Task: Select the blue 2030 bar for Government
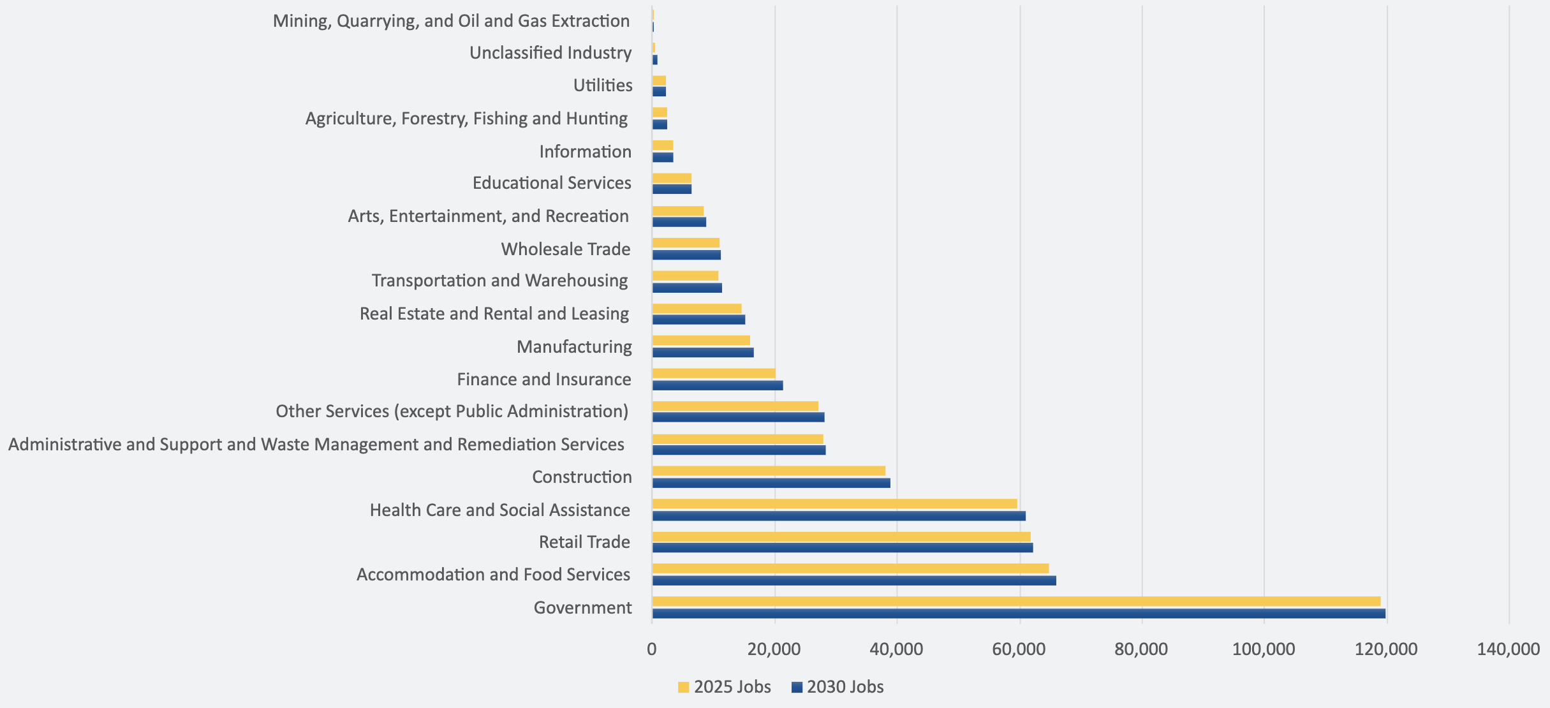[x=1018, y=614]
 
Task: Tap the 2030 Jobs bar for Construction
[x=771, y=483]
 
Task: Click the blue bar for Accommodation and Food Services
[x=853, y=580]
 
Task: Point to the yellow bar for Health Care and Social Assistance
[x=834, y=504]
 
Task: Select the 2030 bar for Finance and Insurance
[x=717, y=385]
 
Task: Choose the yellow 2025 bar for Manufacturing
[x=701, y=341]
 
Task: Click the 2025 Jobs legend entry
[x=724, y=687]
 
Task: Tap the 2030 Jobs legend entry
[x=837, y=687]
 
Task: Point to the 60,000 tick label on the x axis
[x=1019, y=649]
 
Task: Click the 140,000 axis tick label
[x=1509, y=649]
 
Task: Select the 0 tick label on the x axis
[x=652, y=649]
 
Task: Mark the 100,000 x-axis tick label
[x=1264, y=649]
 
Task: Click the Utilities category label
[x=603, y=85]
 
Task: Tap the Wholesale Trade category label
[x=566, y=249]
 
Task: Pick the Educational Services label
[x=552, y=183]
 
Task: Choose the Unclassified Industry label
[x=550, y=53]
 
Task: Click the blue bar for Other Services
[x=738, y=417]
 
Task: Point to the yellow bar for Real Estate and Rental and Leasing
[x=697, y=309]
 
